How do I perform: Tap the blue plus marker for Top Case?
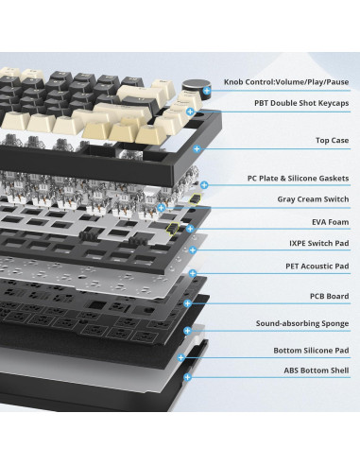(197, 149)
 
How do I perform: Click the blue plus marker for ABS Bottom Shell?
(187, 376)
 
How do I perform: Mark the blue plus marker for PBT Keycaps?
(190, 112)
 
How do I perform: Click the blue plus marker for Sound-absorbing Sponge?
(187, 331)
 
